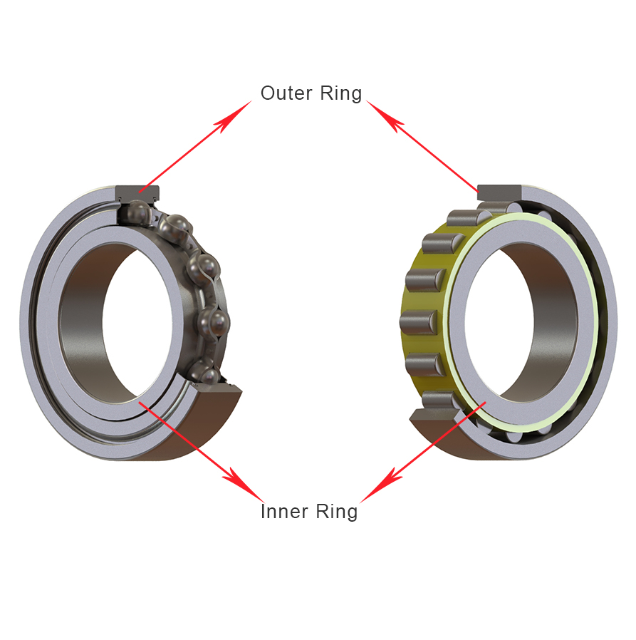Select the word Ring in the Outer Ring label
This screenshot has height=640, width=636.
pos(340,93)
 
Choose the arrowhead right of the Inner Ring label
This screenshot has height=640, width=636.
pos(377,485)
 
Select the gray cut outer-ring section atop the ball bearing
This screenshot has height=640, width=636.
pos(139,191)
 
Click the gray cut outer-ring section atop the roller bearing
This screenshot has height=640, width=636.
pos(499,191)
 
